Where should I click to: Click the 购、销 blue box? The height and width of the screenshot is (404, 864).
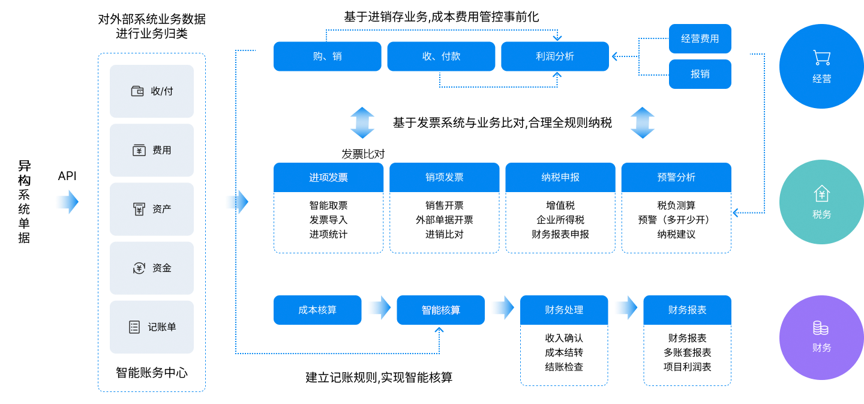tap(327, 56)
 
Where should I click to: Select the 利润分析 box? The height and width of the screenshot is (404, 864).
tap(555, 56)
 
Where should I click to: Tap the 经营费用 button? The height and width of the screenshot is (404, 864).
tap(700, 39)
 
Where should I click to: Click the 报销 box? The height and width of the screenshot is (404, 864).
tap(700, 74)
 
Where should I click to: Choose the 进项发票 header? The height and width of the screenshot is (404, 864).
tap(328, 178)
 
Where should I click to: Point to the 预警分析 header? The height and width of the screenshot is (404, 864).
tap(676, 178)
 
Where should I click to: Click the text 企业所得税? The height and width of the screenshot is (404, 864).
tap(560, 220)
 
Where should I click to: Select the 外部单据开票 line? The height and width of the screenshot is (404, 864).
tap(444, 220)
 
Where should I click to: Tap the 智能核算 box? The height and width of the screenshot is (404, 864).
tap(440, 310)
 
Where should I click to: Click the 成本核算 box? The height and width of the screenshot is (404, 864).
tap(317, 310)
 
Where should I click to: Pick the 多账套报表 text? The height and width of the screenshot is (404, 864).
tap(687, 352)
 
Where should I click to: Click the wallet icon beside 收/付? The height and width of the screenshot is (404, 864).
tap(137, 91)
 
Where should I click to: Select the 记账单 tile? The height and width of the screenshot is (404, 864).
tap(152, 327)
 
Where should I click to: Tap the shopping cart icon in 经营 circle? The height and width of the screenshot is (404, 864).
tap(821, 58)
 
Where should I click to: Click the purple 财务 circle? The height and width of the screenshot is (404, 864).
tap(821, 338)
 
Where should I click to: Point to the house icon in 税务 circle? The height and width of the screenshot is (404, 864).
tap(821, 194)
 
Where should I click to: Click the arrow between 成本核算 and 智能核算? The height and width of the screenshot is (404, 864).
tap(379, 309)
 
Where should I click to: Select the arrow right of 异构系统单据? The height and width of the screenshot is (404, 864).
tap(67, 202)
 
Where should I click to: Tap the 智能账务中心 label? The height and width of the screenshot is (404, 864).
tap(152, 373)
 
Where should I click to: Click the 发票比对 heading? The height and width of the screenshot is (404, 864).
tap(363, 154)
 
